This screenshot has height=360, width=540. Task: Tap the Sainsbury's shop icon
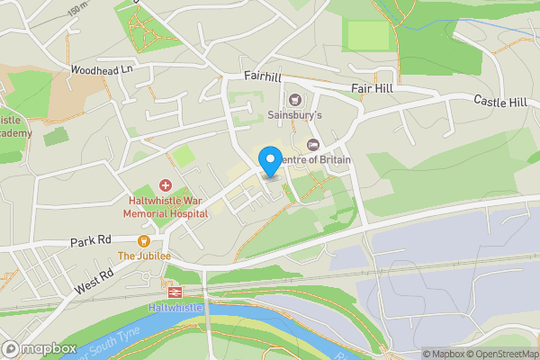[x=294, y=99]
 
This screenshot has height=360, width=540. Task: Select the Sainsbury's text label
[x=294, y=115]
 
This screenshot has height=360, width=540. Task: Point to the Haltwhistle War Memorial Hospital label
[x=167, y=207]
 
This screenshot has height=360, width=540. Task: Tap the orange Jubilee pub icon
[x=143, y=240]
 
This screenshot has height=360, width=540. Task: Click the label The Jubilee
[x=143, y=256]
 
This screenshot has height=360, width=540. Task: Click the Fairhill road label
[x=263, y=78]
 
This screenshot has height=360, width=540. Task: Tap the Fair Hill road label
[x=372, y=87]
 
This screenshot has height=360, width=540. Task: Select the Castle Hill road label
[x=499, y=102]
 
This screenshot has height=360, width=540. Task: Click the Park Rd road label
[x=90, y=242]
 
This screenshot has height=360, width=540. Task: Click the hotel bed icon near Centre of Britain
[x=313, y=145]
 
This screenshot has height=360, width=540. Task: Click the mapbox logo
[x=39, y=348]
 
